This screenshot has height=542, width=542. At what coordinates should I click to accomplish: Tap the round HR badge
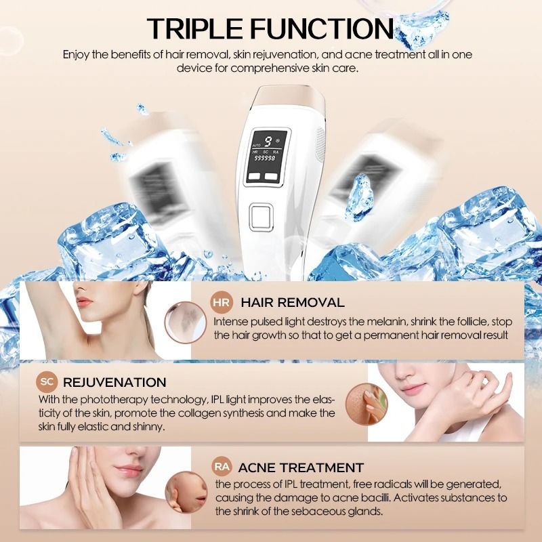tap(222, 301)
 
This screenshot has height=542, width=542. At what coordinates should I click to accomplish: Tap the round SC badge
tap(45, 382)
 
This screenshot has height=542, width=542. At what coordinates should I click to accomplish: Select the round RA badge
tap(222, 467)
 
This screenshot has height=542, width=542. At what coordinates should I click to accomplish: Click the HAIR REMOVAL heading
tap(293, 302)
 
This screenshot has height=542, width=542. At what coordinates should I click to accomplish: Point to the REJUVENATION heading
tap(114, 382)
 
